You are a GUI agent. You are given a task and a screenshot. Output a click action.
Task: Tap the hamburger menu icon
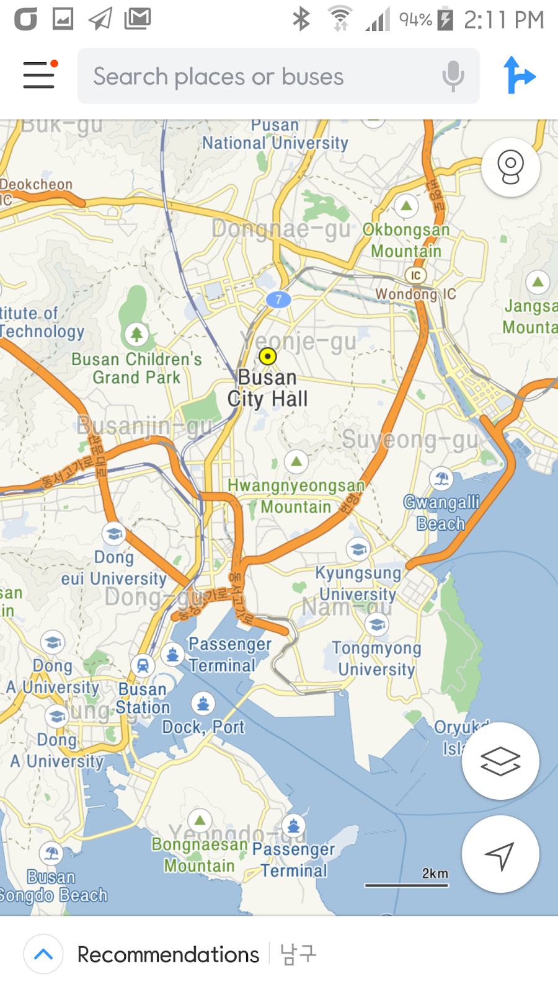[x=39, y=75]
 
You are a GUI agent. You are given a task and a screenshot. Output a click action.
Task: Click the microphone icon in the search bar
[x=453, y=76]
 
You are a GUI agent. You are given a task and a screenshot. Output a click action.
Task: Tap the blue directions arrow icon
[x=518, y=75]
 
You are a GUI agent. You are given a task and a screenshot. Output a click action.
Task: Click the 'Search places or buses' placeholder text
[x=218, y=77]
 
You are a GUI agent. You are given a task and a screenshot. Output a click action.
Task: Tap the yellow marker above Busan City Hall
[x=267, y=356]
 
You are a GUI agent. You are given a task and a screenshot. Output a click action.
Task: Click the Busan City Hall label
[x=267, y=388]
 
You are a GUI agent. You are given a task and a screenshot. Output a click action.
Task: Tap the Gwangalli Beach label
[x=441, y=513]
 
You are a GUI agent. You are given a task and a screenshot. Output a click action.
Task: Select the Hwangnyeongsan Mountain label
[x=296, y=496]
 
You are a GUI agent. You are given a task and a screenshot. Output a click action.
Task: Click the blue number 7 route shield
[x=278, y=299]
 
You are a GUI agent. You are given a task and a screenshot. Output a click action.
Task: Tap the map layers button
[x=500, y=761]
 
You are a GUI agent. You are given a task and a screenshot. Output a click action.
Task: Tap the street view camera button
[x=510, y=167]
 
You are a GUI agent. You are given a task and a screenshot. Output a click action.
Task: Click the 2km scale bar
[x=407, y=885]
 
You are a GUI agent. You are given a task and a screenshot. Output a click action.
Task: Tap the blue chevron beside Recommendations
[x=43, y=954]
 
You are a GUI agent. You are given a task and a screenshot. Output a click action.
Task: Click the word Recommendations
[x=168, y=955]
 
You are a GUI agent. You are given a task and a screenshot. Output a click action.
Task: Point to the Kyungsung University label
[x=358, y=583]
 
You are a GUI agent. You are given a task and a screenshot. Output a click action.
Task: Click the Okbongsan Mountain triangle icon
[x=406, y=205]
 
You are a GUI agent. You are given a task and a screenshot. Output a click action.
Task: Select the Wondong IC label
[x=415, y=294]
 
